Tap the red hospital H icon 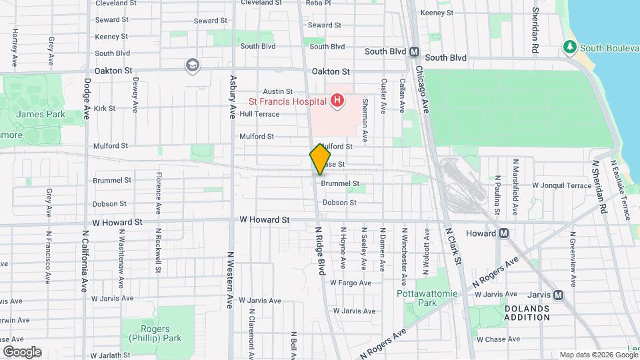[x=337, y=101]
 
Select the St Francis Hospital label [x=287, y=102]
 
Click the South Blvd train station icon [x=414, y=51]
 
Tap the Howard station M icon [x=504, y=233]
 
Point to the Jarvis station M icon [x=558, y=295]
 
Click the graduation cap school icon [x=193, y=65]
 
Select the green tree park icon [x=569, y=47]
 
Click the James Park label [x=40, y=114]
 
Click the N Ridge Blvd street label [x=320, y=250]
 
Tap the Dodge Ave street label [x=87, y=99]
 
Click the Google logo [x=22, y=351]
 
